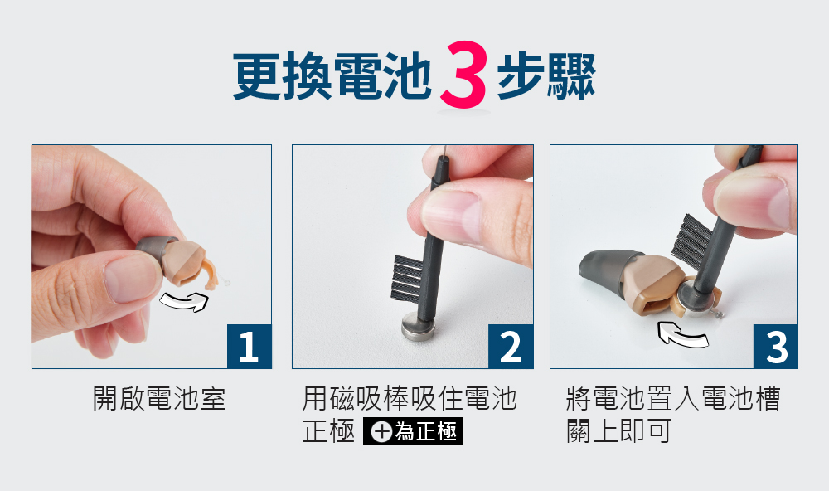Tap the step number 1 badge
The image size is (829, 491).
click(x=249, y=346)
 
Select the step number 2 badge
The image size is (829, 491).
click(x=511, y=346)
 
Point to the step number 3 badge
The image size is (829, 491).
click(x=776, y=346)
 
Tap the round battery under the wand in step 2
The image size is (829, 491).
click(x=419, y=327)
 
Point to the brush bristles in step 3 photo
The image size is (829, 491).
click(x=693, y=238)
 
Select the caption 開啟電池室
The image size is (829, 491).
click(x=159, y=398)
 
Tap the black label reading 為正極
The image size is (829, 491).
click(x=413, y=431)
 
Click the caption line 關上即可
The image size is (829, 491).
click(x=618, y=430)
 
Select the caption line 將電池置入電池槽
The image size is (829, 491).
click(x=673, y=398)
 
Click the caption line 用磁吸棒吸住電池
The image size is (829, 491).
click(x=410, y=398)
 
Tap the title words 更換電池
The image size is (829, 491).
click(x=332, y=76)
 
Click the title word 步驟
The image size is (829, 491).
click(x=546, y=76)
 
